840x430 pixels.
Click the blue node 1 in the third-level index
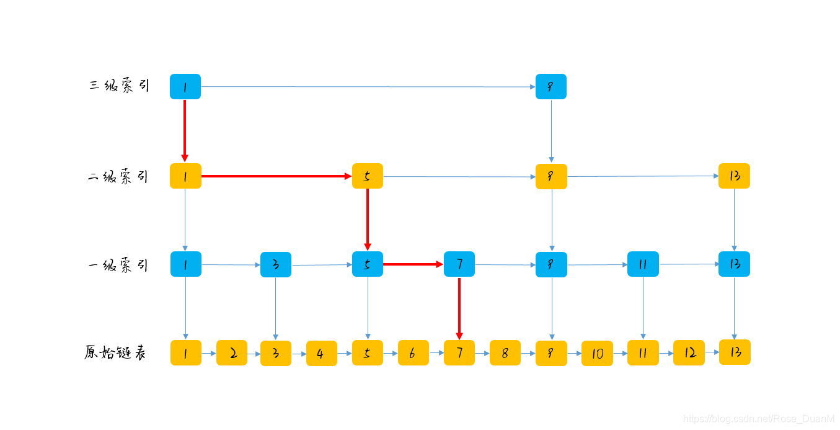[185, 87]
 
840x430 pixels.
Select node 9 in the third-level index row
[551, 87]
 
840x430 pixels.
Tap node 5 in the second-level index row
[368, 176]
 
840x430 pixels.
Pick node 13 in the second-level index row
[734, 176]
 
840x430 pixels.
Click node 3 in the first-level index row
[276, 265]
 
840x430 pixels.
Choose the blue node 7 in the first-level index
[459, 264]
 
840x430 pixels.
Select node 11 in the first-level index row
[643, 264]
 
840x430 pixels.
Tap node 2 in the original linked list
[232, 353]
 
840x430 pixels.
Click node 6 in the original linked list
[413, 353]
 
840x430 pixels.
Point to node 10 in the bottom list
[597, 354]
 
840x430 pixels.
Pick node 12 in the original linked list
[689, 353]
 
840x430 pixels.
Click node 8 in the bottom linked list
[505, 353]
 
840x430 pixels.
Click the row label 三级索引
[119, 86]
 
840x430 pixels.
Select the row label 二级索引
[118, 177]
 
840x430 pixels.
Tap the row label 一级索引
[118, 266]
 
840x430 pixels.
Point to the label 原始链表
[115, 353]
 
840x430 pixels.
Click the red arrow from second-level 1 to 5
[276, 176]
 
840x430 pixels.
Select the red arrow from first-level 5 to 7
[413, 264]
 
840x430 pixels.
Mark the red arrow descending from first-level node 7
[459, 308]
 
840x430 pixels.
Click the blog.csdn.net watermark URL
[758, 419]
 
